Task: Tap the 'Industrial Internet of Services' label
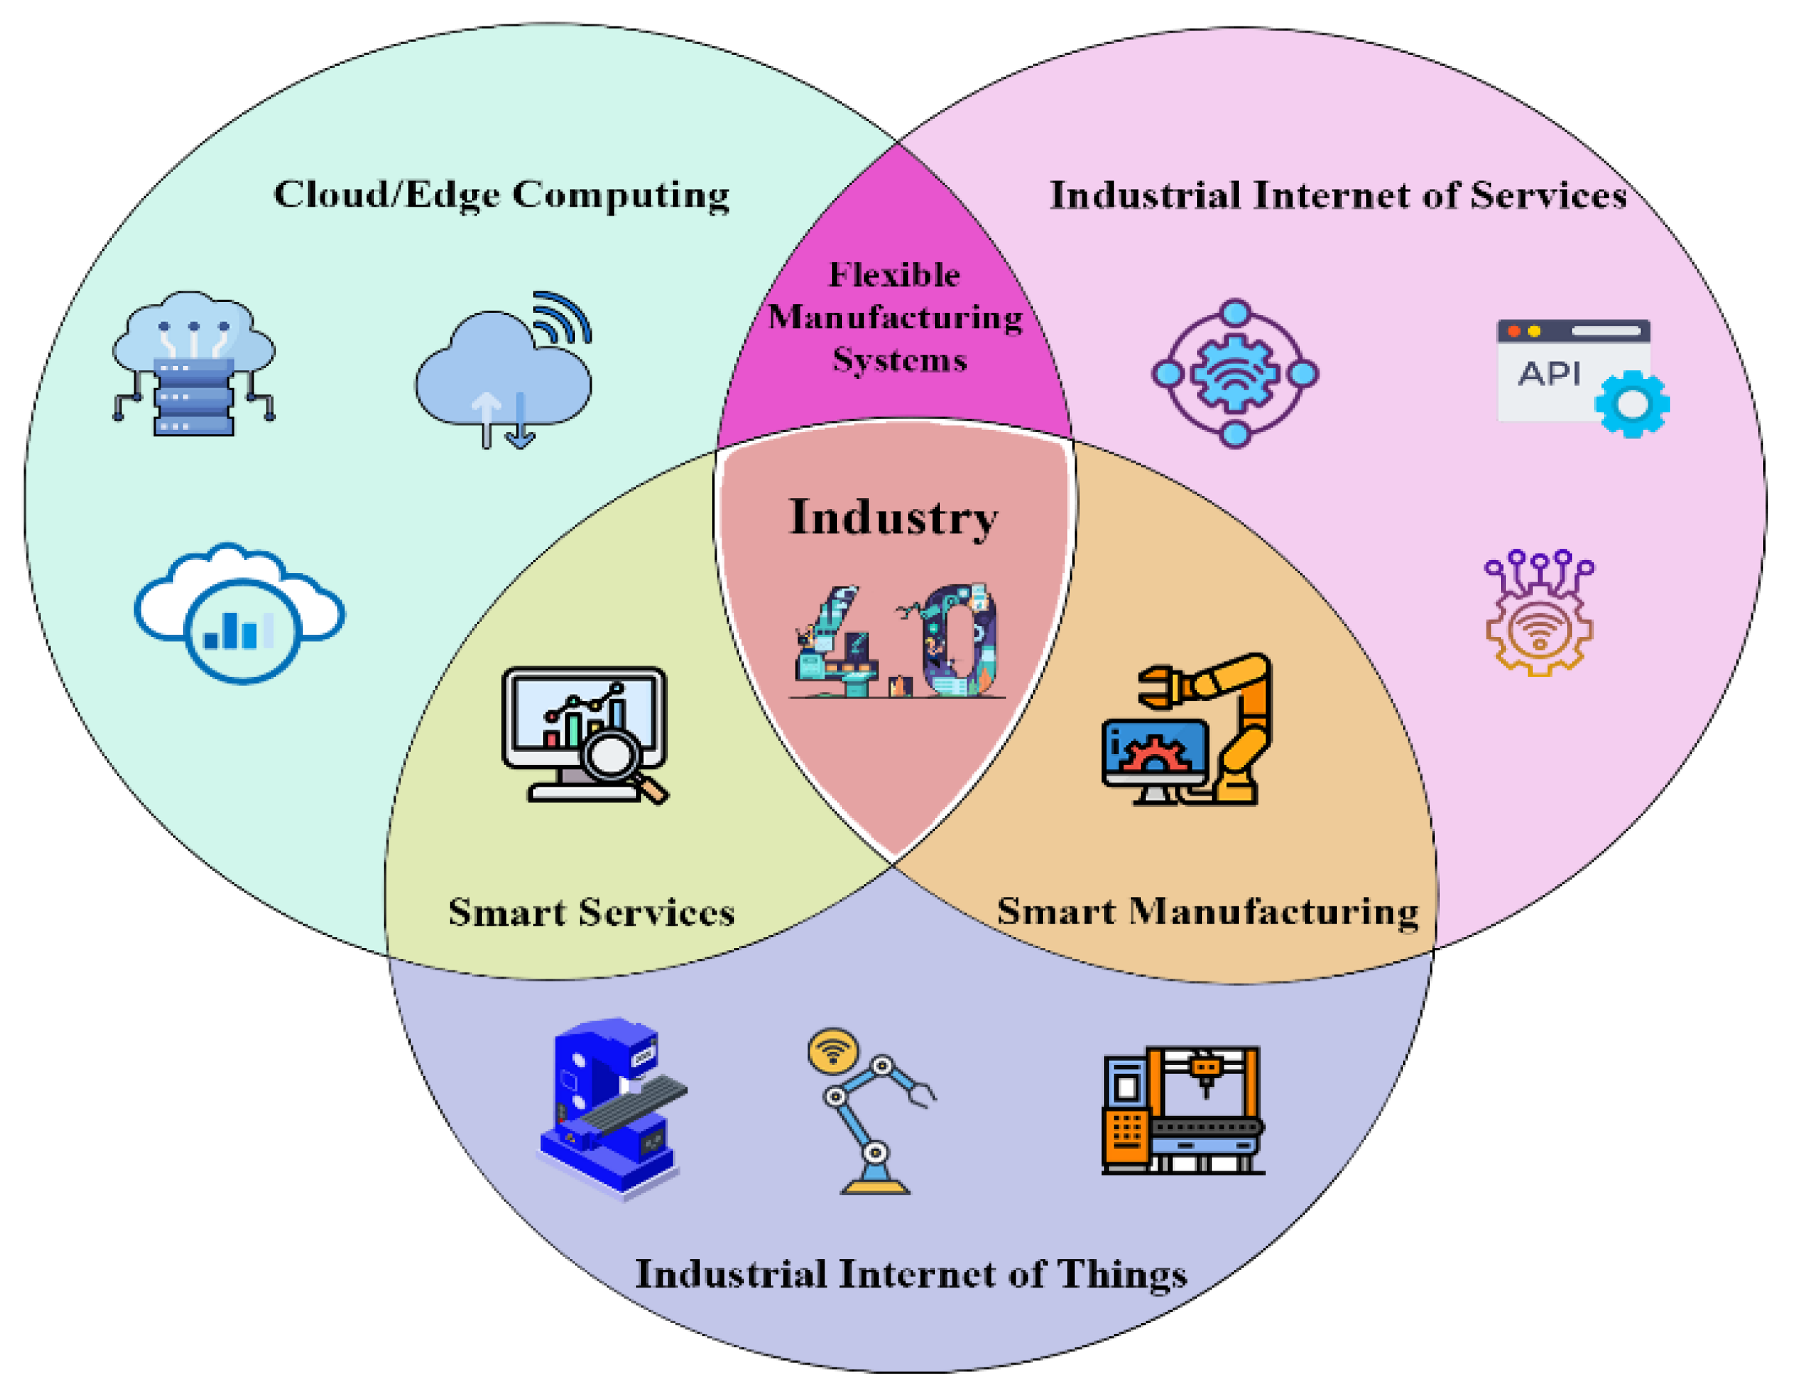1338,195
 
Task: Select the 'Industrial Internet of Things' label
911,1274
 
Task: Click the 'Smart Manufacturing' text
1208,911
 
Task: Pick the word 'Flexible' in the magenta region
894,275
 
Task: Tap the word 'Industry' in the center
894,518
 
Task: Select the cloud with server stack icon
194,363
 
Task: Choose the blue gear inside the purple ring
1235,374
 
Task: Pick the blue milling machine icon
612,1109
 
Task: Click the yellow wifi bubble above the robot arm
832,1051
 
